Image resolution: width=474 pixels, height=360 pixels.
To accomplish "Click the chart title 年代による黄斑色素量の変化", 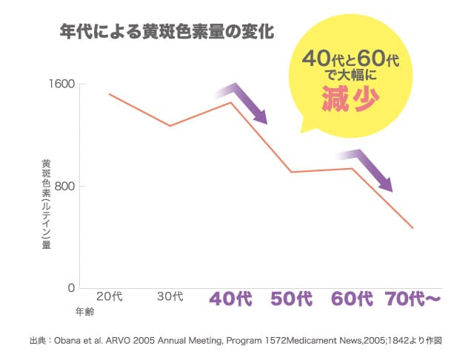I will pyautogui.click(x=167, y=33).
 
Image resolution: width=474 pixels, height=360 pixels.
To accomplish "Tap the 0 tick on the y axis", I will pyautogui.click(x=71, y=287).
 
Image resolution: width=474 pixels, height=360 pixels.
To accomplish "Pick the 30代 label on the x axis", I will pyautogui.click(x=170, y=297).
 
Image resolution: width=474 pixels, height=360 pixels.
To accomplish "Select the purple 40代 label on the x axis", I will pyautogui.click(x=231, y=299).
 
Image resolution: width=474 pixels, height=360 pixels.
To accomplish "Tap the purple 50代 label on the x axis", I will pyautogui.click(x=292, y=299).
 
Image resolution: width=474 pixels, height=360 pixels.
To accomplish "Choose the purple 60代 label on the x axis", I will pyautogui.click(x=352, y=299).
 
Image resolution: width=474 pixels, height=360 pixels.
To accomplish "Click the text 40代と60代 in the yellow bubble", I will pyautogui.click(x=351, y=59).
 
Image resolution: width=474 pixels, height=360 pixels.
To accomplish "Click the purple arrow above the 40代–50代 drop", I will pyautogui.click(x=244, y=104).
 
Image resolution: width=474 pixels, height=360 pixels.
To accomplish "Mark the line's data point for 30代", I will pyautogui.click(x=170, y=126).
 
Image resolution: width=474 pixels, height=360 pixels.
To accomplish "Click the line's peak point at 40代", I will pyautogui.click(x=231, y=102).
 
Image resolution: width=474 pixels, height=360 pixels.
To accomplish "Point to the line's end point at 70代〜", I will pyautogui.click(x=413, y=227).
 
